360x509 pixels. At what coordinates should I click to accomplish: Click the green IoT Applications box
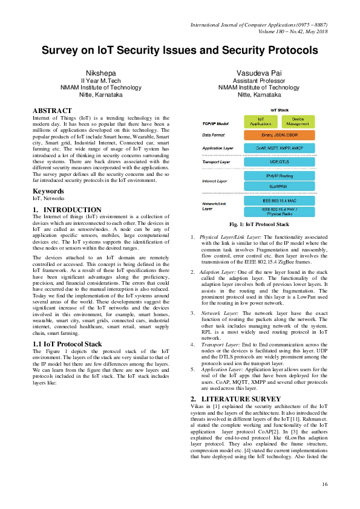(x=260, y=121)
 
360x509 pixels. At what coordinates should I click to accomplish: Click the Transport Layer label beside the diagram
(x=217, y=162)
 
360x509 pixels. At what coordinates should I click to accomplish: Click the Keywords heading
(x=48, y=191)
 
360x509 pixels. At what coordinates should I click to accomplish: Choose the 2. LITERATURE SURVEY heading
(x=227, y=400)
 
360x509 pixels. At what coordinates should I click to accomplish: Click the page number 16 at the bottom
(x=324, y=484)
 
